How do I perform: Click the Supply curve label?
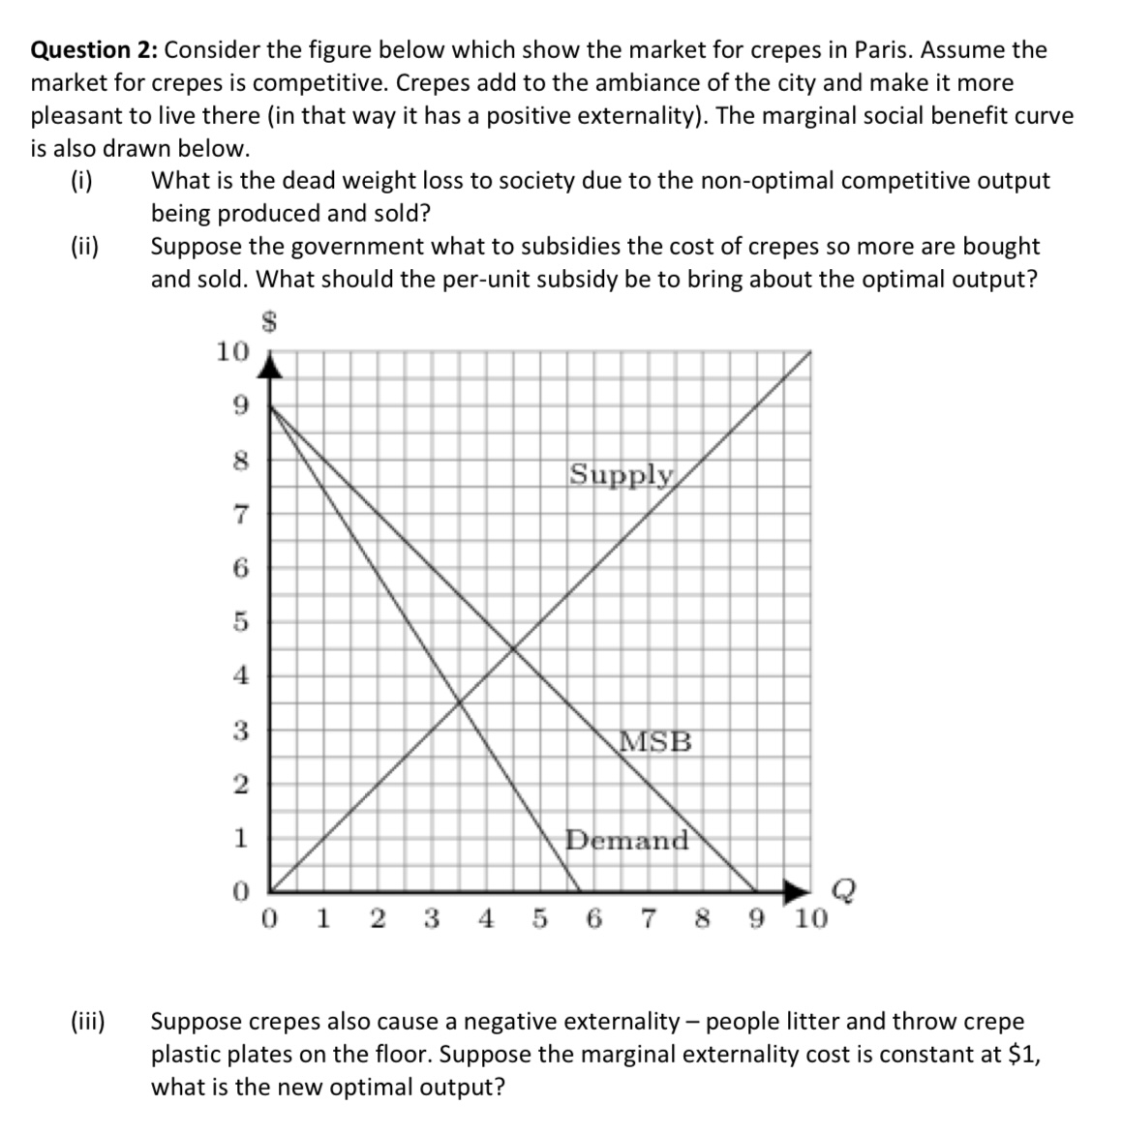tap(621, 474)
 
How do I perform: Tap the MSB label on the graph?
tap(655, 742)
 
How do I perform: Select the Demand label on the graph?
tap(627, 840)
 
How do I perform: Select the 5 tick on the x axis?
tap(538, 918)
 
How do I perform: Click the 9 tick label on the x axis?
tap(755, 918)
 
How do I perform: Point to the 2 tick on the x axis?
tap(376, 918)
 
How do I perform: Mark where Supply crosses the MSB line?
tap(511, 647)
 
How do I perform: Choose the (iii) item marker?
tap(90, 1022)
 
